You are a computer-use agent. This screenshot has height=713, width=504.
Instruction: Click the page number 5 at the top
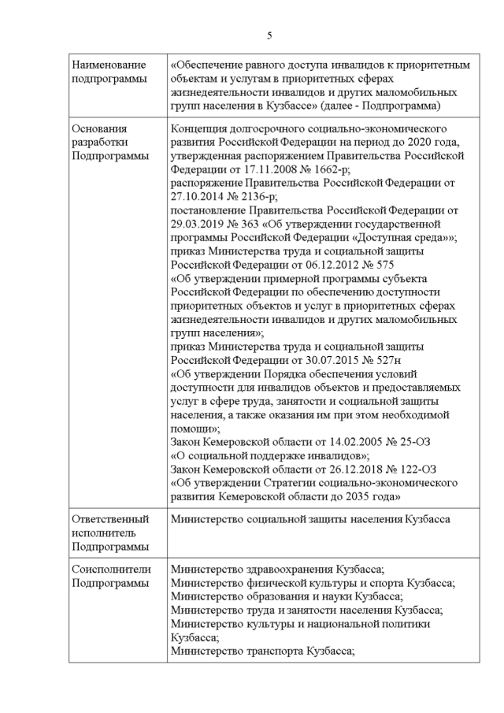(269, 35)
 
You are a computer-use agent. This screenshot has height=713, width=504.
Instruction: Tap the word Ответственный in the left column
(110, 520)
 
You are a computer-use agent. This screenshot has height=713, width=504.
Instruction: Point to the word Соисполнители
(110, 569)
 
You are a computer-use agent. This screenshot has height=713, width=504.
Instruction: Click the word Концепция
(202, 128)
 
